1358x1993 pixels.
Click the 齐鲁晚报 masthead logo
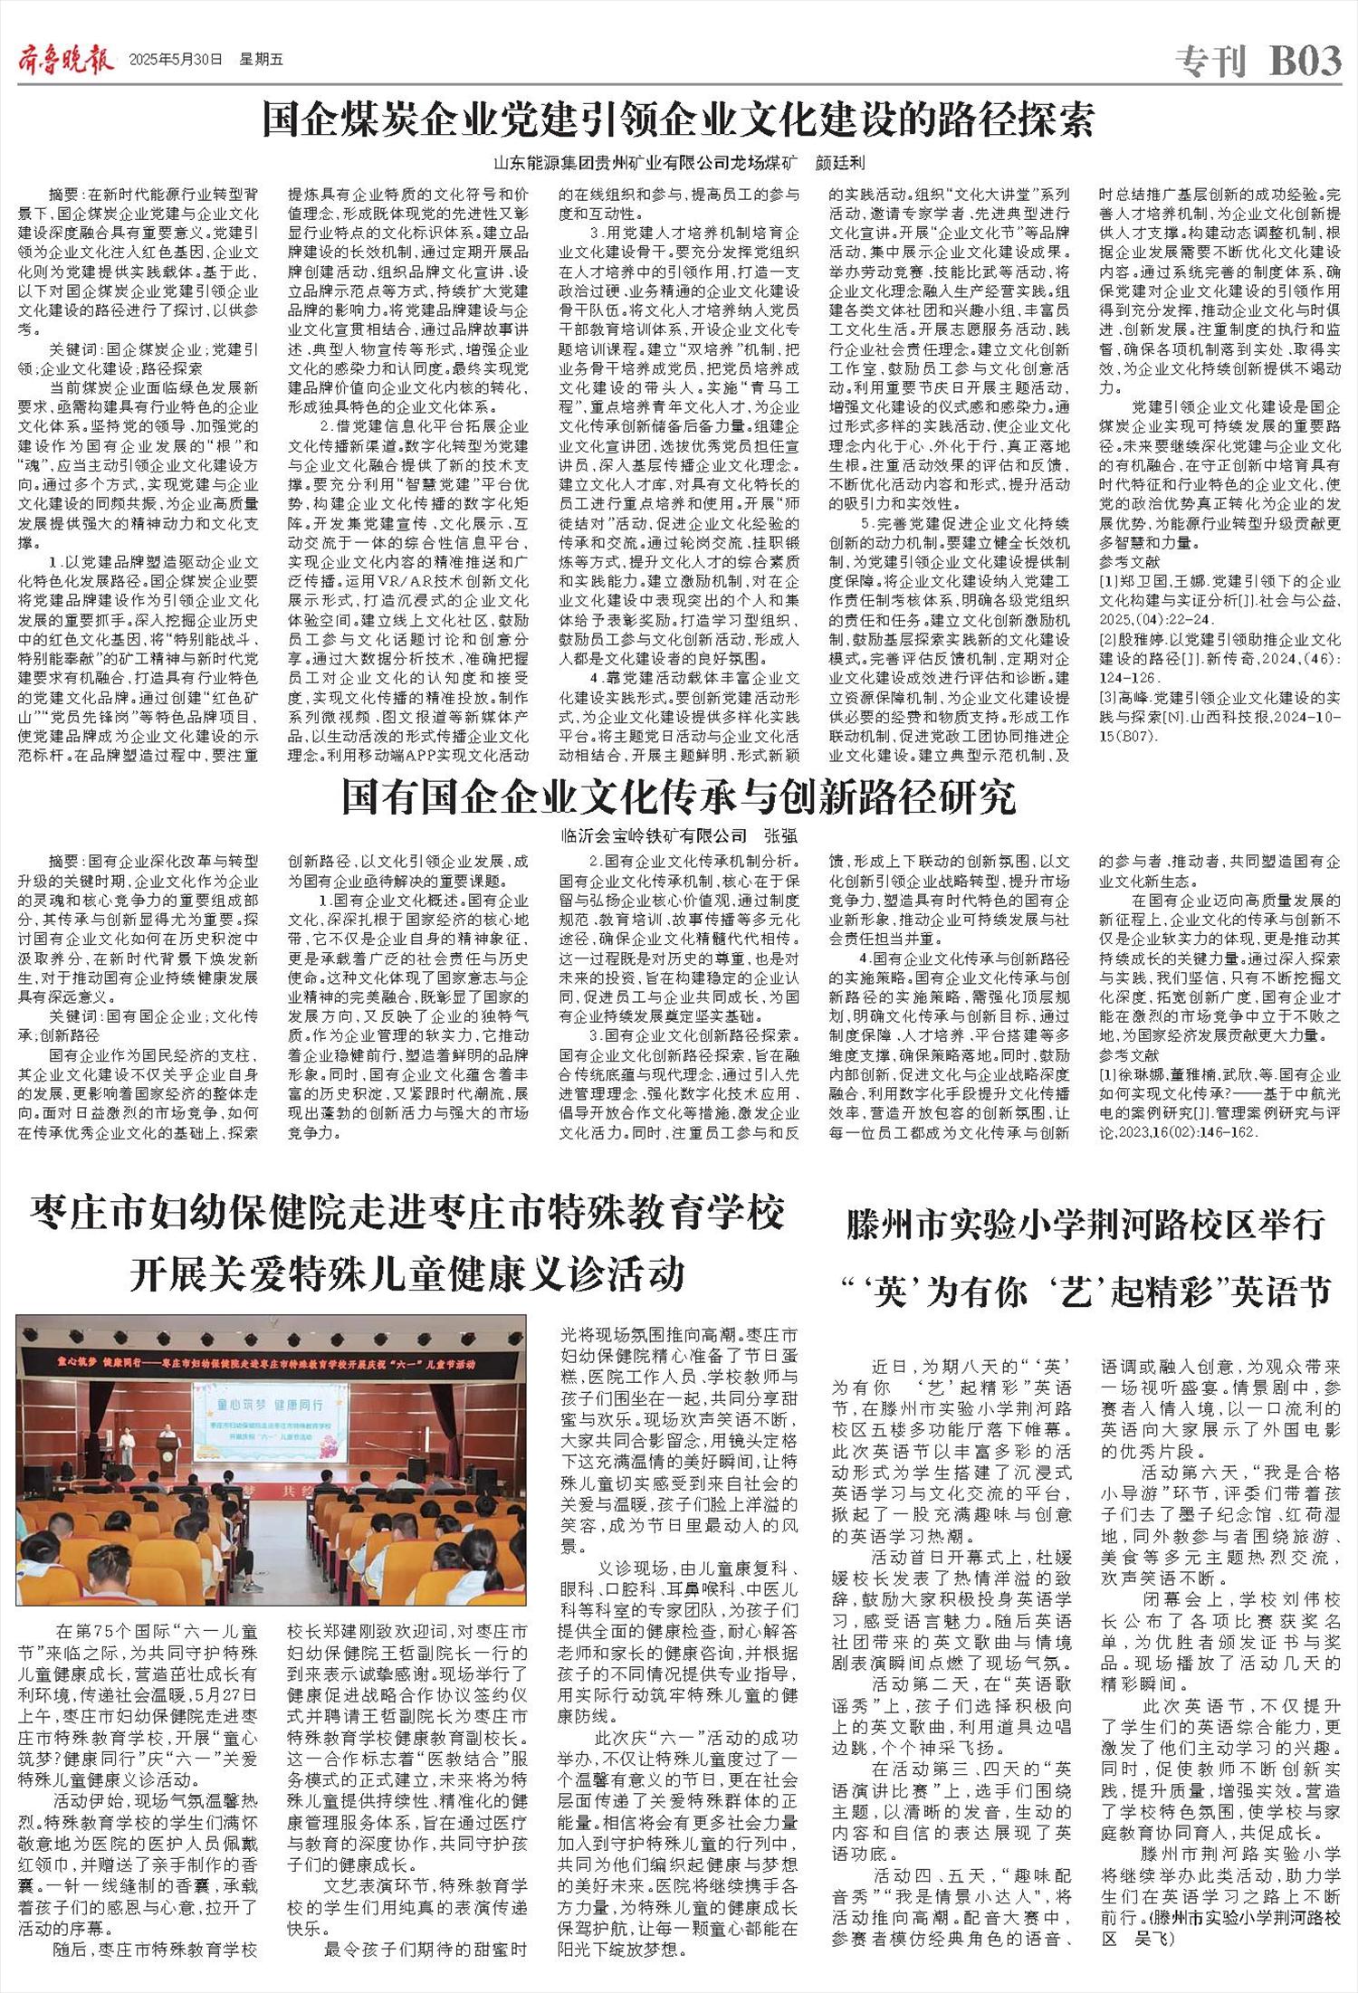tap(65, 61)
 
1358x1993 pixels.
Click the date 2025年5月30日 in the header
tap(176, 61)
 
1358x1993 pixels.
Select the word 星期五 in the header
tap(261, 61)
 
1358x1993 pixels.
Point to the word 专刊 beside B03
tap(1211, 62)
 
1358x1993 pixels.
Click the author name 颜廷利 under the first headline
tap(841, 164)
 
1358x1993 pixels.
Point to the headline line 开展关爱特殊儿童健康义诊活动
tap(406, 1274)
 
